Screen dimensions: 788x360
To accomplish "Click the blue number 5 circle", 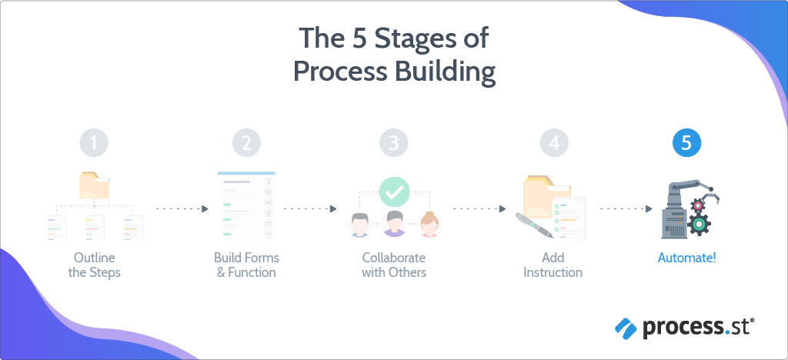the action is click(x=686, y=143).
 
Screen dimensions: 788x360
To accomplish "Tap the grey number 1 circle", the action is click(x=94, y=143).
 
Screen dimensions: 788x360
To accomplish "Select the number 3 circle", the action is click(x=393, y=143).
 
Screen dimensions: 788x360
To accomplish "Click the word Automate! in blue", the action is click(x=686, y=258).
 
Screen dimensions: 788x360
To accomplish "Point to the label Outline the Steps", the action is click(x=94, y=265).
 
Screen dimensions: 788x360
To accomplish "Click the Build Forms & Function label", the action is click(x=246, y=265).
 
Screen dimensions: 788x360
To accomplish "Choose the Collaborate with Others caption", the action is click(x=394, y=265).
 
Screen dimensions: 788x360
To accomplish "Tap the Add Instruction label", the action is click(x=553, y=265).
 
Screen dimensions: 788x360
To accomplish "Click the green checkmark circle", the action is click(x=395, y=192).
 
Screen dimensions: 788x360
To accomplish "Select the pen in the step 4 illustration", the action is click(x=534, y=225).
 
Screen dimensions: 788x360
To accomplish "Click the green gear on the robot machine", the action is click(x=698, y=225).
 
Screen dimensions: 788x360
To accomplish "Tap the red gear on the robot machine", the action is click(x=697, y=205).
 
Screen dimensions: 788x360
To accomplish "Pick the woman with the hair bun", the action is click(x=429, y=224).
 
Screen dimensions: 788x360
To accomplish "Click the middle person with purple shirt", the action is click(x=394, y=223).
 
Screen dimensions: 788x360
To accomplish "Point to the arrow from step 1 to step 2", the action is click(x=182, y=209).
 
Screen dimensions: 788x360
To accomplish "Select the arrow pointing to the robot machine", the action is click(x=626, y=209).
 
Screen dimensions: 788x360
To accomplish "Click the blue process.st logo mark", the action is click(x=625, y=328).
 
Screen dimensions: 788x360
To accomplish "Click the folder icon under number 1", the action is click(x=95, y=185).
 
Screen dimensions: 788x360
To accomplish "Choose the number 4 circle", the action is click(x=554, y=143).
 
